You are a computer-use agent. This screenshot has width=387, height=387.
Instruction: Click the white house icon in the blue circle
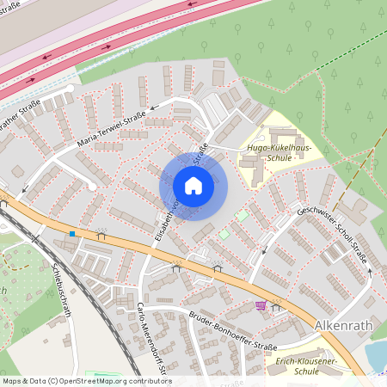click(193, 186)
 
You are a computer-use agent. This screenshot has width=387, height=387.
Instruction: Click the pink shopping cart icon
click(261, 305)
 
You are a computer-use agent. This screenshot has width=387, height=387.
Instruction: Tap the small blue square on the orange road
click(73, 233)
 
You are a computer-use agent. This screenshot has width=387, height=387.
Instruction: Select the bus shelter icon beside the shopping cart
click(276, 304)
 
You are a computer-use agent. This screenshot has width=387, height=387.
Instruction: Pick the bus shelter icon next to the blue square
click(101, 233)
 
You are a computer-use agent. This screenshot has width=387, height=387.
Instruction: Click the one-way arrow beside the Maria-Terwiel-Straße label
click(154, 109)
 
